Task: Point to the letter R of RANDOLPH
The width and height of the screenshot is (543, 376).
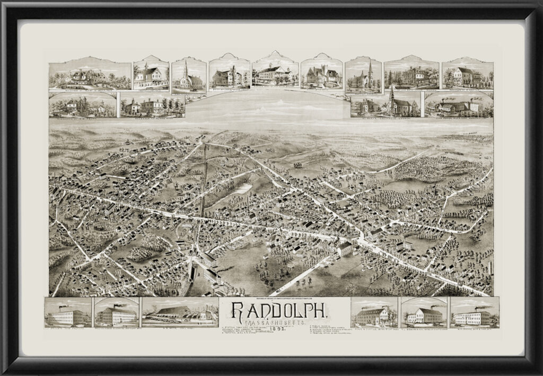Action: pos(237,311)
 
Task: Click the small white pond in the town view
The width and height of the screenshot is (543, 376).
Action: pos(243,188)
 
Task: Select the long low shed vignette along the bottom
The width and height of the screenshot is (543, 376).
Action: pos(180,312)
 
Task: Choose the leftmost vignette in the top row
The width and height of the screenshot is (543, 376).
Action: pos(90,75)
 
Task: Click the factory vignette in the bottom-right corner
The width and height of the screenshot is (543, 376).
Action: pos(475,314)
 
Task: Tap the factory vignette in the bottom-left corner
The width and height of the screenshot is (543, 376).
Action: pos(68,314)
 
